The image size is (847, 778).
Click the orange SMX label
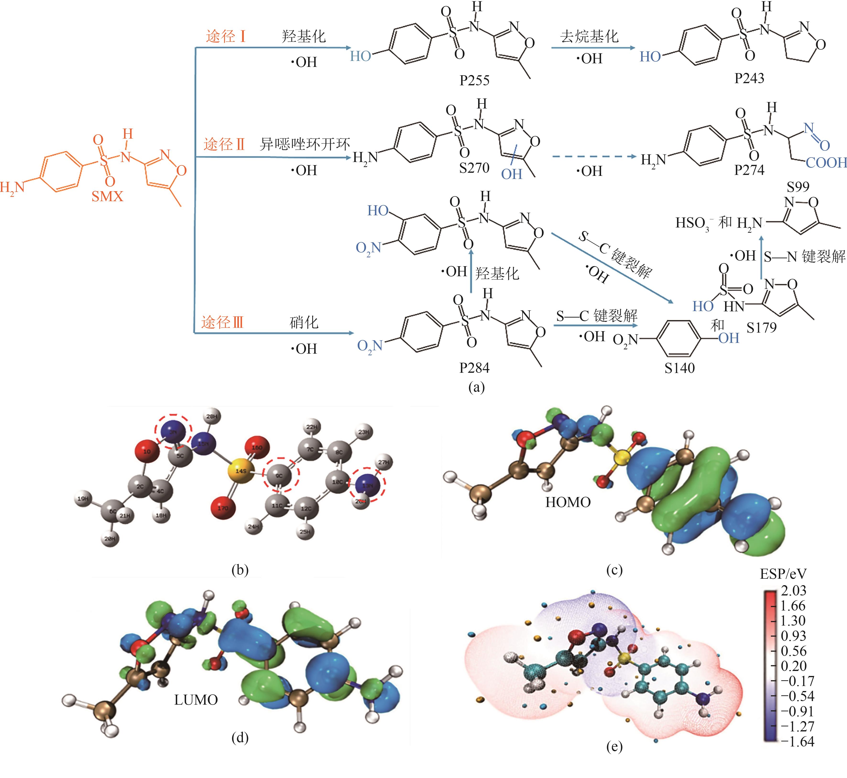click(107, 196)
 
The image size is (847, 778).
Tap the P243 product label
click(749, 78)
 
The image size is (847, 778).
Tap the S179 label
click(761, 327)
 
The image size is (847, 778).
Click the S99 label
click(798, 187)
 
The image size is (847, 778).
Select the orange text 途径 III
click(222, 323)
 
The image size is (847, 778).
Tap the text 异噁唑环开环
click(305, 144)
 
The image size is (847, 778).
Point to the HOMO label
click(568, 502)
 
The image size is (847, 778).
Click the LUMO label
click(196, 700)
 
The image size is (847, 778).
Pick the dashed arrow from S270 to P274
click(594, 157)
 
